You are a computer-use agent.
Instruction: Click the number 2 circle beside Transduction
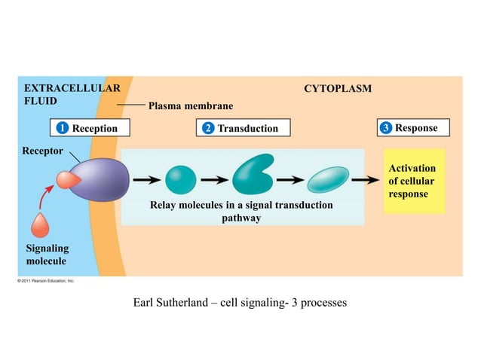(x=207, y=128)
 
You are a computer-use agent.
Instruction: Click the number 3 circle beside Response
(x=386, y=128)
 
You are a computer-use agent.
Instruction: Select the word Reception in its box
(x=95, y=128)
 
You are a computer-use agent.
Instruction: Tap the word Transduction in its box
(x=247, y=128)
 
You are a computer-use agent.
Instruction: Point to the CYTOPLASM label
(x=337, y=89)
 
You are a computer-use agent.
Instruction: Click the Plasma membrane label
(x=191, y=105)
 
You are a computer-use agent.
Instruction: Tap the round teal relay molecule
(x=180, y=179)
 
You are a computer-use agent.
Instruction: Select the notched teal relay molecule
(x=252, y=176)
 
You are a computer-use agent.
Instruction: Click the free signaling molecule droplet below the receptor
(x=42, y=225)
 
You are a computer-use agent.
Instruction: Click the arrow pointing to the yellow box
(x=366, y=179)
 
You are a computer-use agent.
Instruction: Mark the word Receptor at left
(x=36, y=151)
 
